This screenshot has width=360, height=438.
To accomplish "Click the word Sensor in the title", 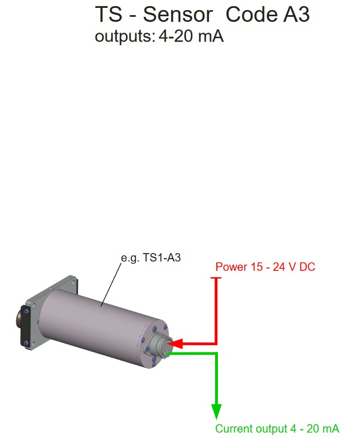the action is (x=178, y=14).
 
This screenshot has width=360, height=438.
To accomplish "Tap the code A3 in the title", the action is (x=297, y=14).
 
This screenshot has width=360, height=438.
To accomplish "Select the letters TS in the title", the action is (x=108, y=14).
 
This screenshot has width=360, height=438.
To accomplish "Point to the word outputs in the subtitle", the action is (x=125, y=37).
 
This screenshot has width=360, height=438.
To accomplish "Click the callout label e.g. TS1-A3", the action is (x=151, y=258).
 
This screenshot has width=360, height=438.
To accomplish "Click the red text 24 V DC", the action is (x=294, y=267).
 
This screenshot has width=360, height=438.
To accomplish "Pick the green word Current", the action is (x=234, y=428).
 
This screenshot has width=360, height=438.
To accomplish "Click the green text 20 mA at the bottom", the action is (x=323, y=428).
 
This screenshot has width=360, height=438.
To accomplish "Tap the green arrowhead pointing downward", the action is (x=216, y=411).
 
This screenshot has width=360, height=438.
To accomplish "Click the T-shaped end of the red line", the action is (x=216, y=278).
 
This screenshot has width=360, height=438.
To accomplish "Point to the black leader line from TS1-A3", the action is (x=111, y=285).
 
